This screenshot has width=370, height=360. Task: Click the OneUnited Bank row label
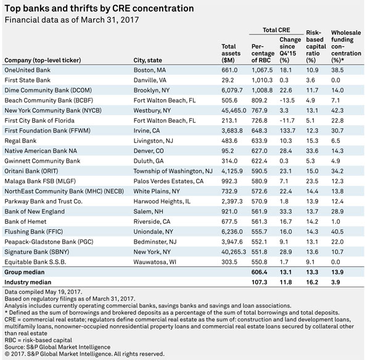(x=27, y=70)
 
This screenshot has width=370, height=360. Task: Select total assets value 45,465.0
(x=234, y=110)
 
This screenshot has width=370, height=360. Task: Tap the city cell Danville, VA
(x=150, y=80)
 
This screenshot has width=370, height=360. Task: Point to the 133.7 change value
(x=287, y=131)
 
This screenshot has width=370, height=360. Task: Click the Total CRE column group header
(x=276, y=30)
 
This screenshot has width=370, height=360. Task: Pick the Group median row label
(x=25, y=272)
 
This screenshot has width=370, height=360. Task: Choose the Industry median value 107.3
(x=260, y=282)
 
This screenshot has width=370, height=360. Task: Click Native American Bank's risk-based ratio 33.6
(x=312, y=151)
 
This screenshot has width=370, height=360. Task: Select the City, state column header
(x=148, y=60)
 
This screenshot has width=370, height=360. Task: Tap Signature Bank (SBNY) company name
(x=37, y=252)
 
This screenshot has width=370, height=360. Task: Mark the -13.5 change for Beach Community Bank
(x=287, y=100)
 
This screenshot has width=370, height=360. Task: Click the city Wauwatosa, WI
(x=155, y=262)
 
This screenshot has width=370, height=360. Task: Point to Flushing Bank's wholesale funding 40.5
(x=337, y=232)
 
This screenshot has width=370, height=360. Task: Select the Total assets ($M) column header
(x=231, y=53)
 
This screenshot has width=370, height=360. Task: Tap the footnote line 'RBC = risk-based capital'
(x=38, y=340)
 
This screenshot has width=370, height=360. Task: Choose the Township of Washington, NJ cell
(x=173, y=171)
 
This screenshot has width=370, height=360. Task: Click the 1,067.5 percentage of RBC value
(x=262, y=70)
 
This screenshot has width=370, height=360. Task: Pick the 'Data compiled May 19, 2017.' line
(x=43, y=292)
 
